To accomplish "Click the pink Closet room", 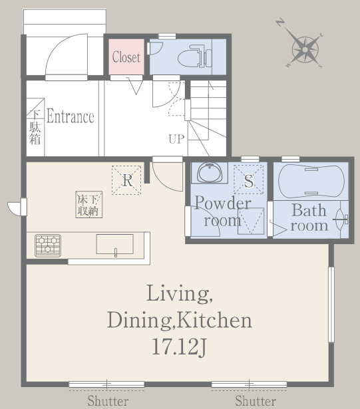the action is [x=126, y=57].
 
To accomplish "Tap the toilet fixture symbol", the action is [x=195, y=57].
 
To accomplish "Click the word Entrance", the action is [x=71, y=116].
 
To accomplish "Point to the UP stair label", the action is [x=176, y=139].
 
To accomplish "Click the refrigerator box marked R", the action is [x=126, y=180].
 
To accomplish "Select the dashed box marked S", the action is [x=248, y=180].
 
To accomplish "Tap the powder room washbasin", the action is [x=210, y=172].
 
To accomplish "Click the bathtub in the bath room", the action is [x=311, y=181].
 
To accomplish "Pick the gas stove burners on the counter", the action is [x=48, y=245].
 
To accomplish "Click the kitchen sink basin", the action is [x=115, y=244].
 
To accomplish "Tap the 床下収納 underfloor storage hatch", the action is [x=89, y=205].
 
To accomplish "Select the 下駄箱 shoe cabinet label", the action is [x=35, y=127].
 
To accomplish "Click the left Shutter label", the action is [x=108, y=400].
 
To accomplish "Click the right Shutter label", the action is [x=256, y=400].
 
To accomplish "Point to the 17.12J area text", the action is [x=180, y=347].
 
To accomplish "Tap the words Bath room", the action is [x=309, y=218].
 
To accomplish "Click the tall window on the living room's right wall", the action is [x=331, y=304].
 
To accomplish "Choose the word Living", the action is [x=179, y=293].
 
